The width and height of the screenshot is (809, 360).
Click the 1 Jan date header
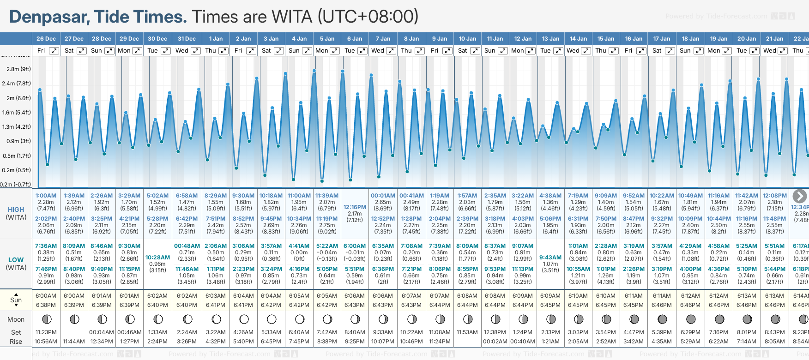(x=216, y=39)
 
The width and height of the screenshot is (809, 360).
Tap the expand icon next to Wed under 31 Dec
(x=195, y=51)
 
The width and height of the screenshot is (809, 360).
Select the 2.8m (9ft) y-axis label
(x=18, y=69)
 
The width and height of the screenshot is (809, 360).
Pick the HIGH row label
(x=16, y=210)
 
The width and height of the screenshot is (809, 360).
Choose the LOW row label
(x=16, y=260)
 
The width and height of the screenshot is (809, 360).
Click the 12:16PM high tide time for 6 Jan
(x=355, y=207)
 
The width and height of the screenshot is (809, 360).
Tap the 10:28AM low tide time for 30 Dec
(x=157, y=257)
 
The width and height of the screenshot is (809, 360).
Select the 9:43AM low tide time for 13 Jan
(x=550, y=257)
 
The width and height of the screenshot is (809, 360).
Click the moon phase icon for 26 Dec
(x=46, y=319)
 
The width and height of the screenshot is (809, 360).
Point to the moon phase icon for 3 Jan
(x=272, y=319)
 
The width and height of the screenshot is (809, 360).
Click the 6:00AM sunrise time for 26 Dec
(x=46, y=296)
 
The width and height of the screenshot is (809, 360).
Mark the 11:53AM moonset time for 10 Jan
(x=467, y=332)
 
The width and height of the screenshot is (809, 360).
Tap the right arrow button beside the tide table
(x=799, y=196)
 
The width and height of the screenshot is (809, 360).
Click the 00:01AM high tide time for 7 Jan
(x=383, y=196)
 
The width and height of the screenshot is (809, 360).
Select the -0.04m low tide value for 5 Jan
(x=327, y=252)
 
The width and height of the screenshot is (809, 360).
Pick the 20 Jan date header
(x=747, y=39)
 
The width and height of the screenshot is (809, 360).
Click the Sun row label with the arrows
(x=16, y=300)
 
